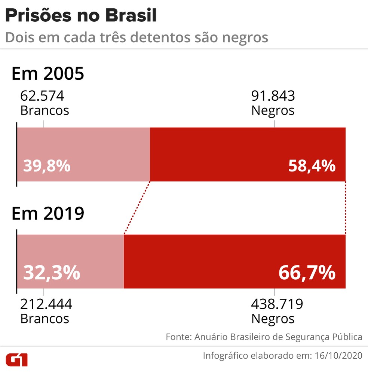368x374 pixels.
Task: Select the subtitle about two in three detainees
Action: [x=137, y=37]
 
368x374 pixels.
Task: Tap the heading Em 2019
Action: [x=48, y=214]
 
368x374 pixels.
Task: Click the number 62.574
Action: [x=42, y=96]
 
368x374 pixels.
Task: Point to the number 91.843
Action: [x=273, y=96]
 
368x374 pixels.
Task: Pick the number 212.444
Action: [x=46, y=304]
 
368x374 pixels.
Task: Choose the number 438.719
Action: [x=277, y=304]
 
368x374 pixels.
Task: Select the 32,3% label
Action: [x=52, y=273]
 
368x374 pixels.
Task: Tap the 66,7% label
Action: [x=307, y=273]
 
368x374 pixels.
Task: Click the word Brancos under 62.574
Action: [x=45, y=111]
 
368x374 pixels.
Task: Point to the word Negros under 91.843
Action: [x=273, y=111]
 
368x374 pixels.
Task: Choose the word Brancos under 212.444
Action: [x=45, y=319]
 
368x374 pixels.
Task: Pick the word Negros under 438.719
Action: [x=273, y=319]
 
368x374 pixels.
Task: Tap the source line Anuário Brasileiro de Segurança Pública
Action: [x=278, y=337]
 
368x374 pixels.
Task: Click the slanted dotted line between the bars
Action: [x=137, y=208]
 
